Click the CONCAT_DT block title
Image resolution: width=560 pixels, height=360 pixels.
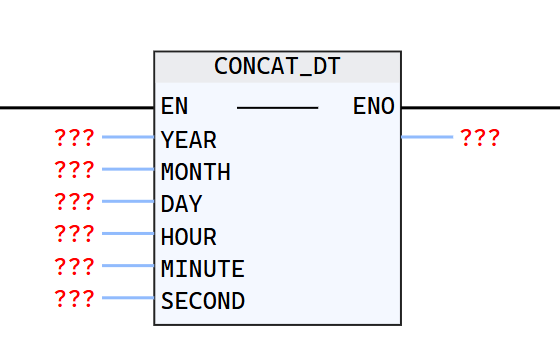(x=277, y=67)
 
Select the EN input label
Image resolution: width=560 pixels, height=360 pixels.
(x=174, y=107)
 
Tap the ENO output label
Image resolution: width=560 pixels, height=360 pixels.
(x=374, y=107)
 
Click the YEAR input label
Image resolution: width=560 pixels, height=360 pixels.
(x=188, y=139)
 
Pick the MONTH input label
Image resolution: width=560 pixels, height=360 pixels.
(x=195, y=172)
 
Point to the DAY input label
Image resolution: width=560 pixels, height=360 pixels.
(x=181, y=204)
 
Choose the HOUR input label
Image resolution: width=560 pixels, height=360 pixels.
(x=188, y=237)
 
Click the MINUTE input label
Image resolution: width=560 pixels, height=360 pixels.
(x=202, y=269)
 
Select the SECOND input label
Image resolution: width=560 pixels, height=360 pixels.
(x=202, y=301)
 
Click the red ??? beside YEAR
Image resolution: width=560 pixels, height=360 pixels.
(x=74, y=138)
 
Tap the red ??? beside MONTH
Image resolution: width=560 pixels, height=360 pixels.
(x=74, y=170)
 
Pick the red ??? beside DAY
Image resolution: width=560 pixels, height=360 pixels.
(x=74, y=202)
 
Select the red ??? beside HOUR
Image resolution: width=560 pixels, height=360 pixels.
(x=74, y=235)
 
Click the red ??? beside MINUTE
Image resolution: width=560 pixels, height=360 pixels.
(x=74, y=267)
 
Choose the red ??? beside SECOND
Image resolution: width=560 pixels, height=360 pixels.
(x=74, y=299)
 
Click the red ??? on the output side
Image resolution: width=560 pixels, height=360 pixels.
(x=480, y=138)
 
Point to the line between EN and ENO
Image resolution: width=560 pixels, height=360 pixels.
(x=277, y=107)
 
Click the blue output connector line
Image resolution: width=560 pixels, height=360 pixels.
(x=427, y=137)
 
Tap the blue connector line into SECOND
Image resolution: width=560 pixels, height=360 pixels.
(x=128, y=298)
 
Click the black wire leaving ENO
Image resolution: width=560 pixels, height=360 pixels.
(x=480, y=107)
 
